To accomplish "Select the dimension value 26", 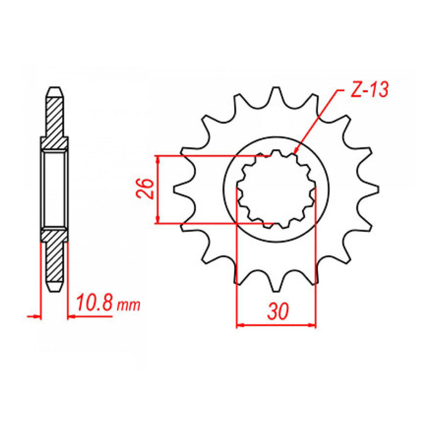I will point(143,190).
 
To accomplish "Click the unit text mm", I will point(128,306).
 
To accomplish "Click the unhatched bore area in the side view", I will point(55,189).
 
